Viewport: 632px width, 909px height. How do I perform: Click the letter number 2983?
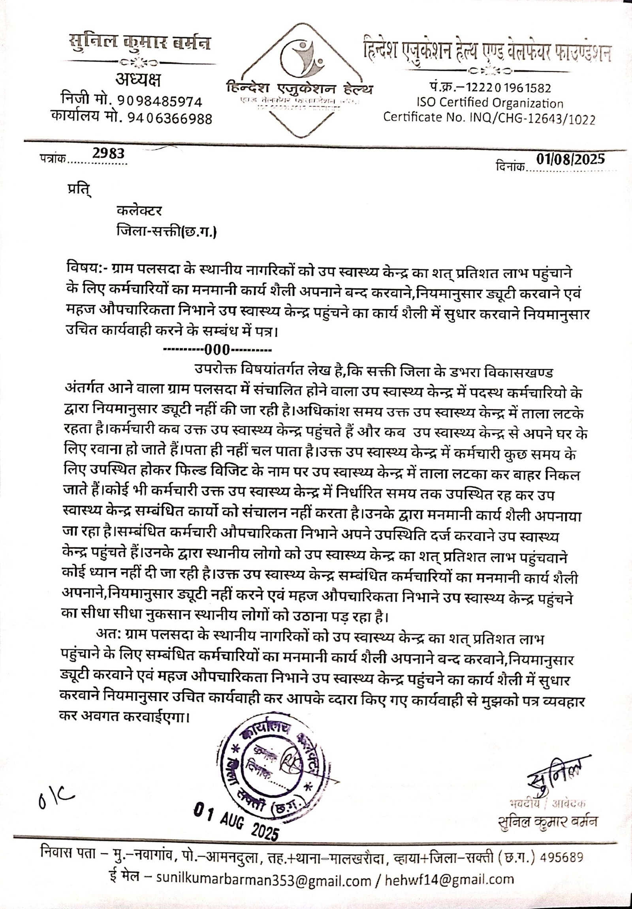[x=108, y=153]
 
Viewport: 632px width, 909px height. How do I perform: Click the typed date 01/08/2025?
[x=570, y=159]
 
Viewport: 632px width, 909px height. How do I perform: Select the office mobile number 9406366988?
[x=169, y=118]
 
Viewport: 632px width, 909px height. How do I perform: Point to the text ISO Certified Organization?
[x=489, y=103]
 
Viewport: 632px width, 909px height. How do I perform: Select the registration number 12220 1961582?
[x=507, y=88]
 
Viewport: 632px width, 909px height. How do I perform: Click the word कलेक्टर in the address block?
[x=139, y=210]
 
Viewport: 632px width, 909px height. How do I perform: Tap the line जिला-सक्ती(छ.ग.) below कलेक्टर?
[x=167, y=231]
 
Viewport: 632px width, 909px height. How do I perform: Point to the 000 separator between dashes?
[x=217, y=350]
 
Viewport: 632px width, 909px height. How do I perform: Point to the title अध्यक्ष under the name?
[x=138, y=81]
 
